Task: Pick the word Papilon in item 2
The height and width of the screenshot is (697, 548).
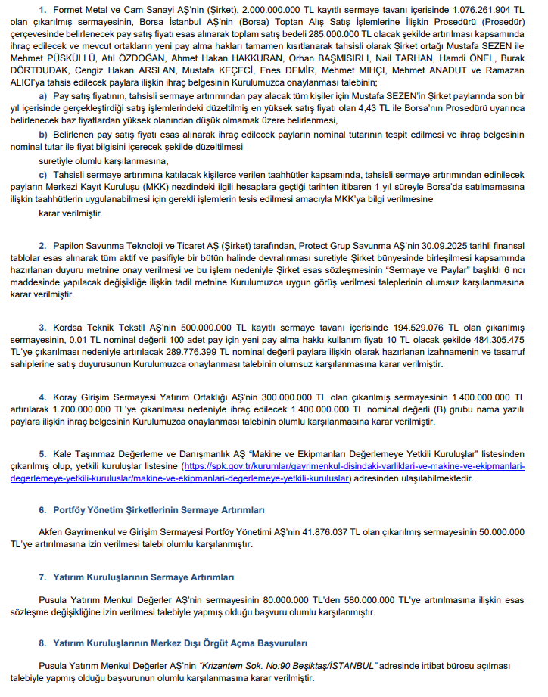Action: tap(74, 247)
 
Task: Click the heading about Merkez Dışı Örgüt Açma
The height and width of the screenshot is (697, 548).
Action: tap(180, 643)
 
